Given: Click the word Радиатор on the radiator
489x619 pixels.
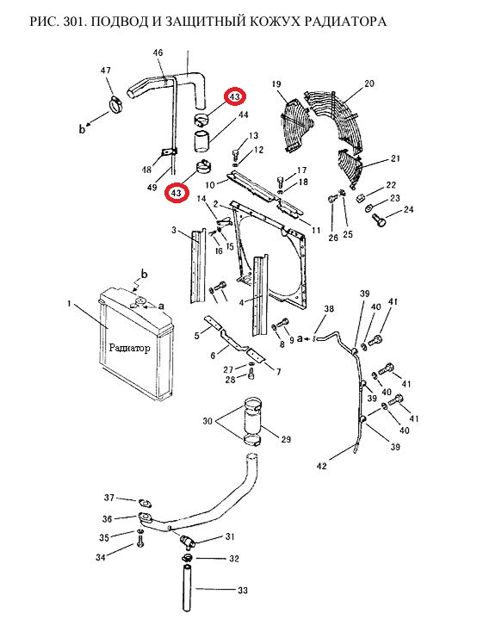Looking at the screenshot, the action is [129, 348].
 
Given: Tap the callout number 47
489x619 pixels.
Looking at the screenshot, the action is [105, 71].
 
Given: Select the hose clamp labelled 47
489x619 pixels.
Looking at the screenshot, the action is [115, 105].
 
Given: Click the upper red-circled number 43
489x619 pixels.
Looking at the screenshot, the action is [235, 96].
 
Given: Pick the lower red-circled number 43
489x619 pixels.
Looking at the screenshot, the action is [176, 193].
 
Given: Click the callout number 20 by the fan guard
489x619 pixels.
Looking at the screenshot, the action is [369, 84].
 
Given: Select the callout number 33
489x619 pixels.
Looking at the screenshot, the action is [243, 591].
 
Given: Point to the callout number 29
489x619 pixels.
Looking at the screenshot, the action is [286, 439].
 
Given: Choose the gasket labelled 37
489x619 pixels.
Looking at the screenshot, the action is [145, 504].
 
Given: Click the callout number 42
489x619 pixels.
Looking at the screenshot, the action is [322, 466].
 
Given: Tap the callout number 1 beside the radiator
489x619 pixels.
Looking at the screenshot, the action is [70, 303].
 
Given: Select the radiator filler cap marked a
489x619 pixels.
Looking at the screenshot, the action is [139, 303].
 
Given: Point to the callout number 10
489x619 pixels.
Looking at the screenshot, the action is [210, 185].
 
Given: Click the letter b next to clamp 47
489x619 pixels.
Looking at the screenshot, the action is [82, 128].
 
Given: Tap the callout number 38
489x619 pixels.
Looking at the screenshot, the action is [329, 309].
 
